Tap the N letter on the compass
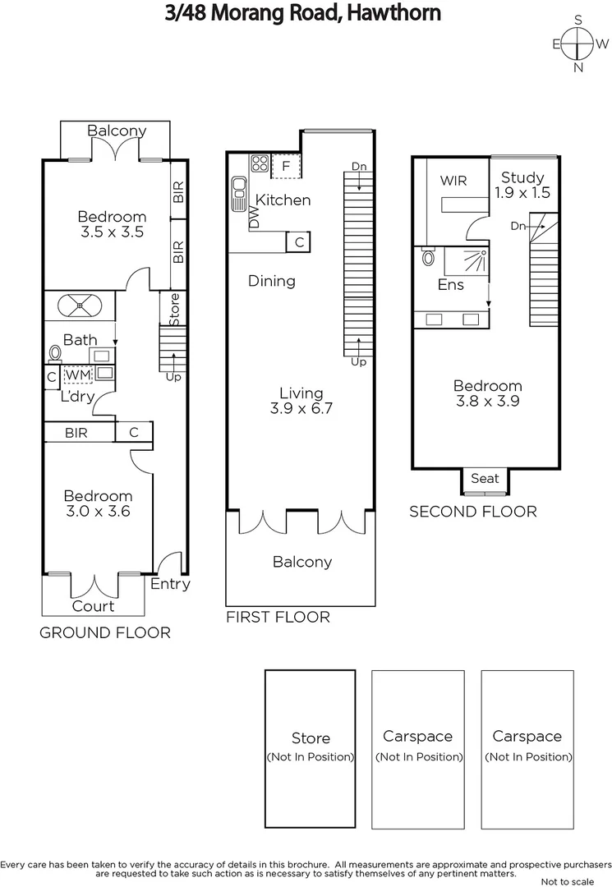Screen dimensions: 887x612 pos(579,67)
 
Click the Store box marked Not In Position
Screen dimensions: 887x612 pos(311,747)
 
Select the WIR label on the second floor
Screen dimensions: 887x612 pos(453,180)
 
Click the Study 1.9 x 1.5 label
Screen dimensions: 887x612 pos(522,185)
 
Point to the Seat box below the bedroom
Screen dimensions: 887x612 pos(485,478)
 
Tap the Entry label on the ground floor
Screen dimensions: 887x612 pos(170,584)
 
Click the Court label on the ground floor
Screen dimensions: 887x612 pos(94,606)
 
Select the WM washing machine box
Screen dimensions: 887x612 pos(77,375)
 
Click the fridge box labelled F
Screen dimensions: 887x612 pos(286,165)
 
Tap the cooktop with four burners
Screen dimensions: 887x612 pos(260,163)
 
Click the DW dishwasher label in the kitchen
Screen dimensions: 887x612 pos(254,218)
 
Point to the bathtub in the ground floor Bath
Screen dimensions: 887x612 pos(81,306)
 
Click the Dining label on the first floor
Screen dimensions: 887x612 pos(272,281)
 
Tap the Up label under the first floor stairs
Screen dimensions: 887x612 pos(358,361)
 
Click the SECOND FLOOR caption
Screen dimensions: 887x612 pos(473,512)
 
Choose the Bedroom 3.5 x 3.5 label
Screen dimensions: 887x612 pos(111,224)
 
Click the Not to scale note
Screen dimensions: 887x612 pos(568,881)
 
